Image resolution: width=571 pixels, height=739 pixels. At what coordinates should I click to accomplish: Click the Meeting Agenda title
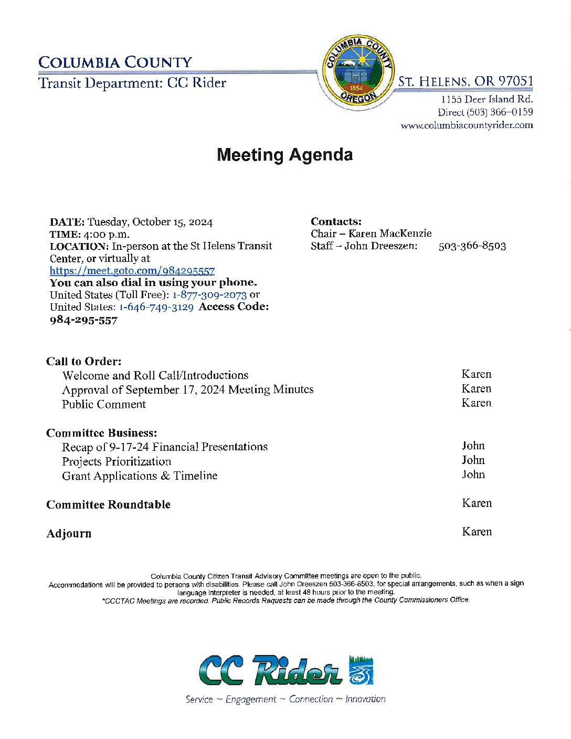click(284, 155)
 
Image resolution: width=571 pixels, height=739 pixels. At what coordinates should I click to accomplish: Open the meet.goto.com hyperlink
click(132, 271)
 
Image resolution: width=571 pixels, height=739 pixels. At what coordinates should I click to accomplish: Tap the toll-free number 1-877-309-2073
click(209, 295)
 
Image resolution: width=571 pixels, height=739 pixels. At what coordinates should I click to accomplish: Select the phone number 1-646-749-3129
click(156, 307)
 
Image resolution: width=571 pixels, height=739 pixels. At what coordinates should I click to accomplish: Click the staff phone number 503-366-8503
click(472, 246)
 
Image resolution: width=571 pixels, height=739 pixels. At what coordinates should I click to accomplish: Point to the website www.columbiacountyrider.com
click(467, 125)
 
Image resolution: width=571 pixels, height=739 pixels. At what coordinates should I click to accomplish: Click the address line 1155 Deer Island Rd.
click(487, 99)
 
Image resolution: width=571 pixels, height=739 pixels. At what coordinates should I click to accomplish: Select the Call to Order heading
click(84, 361)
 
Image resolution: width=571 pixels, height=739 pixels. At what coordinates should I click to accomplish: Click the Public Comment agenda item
click(104, 404)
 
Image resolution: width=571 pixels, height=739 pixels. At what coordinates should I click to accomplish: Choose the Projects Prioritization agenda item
click(117, 461)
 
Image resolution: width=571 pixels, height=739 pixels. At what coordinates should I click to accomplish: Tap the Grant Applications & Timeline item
click(140, 476)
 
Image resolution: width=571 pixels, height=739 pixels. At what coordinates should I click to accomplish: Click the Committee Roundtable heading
click(109, 504)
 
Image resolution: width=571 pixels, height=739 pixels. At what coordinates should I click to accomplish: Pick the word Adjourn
click(69, 533)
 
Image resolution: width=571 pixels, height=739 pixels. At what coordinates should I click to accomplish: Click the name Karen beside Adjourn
click(477, 532)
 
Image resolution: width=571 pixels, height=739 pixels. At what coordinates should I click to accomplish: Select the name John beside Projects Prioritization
click(473, 460)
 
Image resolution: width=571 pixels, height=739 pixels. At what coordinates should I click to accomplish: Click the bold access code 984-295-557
click(83, 320)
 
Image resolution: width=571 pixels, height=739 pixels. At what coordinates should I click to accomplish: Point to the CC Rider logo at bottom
click(285, 670)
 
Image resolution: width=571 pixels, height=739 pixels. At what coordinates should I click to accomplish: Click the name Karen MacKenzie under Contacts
click(390, 234)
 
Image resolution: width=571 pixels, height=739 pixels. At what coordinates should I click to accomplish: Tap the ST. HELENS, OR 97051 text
click(466, 81)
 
